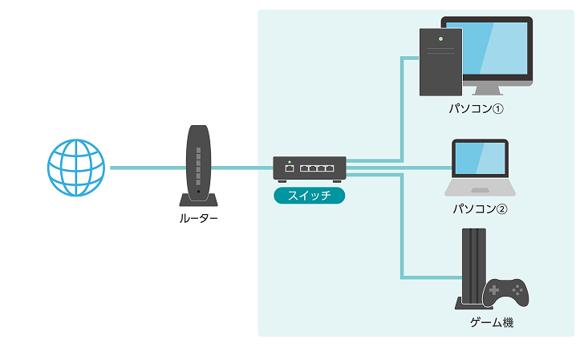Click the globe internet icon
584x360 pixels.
click(75, 168)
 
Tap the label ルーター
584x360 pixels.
click(198, 217)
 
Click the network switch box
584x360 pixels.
click(310, 168)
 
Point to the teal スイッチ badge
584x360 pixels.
click(310, 195)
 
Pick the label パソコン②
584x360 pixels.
click(481, 208)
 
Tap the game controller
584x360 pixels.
click(505, 292)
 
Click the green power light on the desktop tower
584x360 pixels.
click(440, 38)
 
